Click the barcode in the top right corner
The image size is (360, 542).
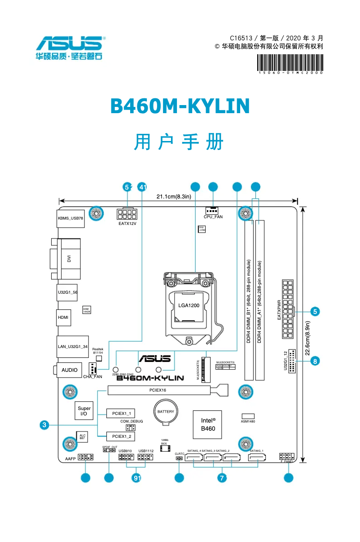coord(290,62)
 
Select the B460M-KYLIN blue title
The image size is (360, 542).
coord(180,106)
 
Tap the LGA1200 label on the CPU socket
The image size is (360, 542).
coord(189,305)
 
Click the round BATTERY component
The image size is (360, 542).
coord(166,412)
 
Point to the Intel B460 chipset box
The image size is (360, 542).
coord(207,424)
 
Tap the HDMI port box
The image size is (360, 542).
coord(63,317)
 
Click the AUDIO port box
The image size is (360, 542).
coord(70,370)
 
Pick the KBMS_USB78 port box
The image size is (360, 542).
coord(70,218)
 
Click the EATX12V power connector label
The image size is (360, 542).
coord(127,223)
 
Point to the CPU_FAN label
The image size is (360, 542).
coord(213,217)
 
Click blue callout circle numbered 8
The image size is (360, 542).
coord(316,361)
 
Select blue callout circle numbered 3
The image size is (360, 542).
coord(44,424)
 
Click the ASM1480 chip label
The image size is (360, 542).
coord(248,421)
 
